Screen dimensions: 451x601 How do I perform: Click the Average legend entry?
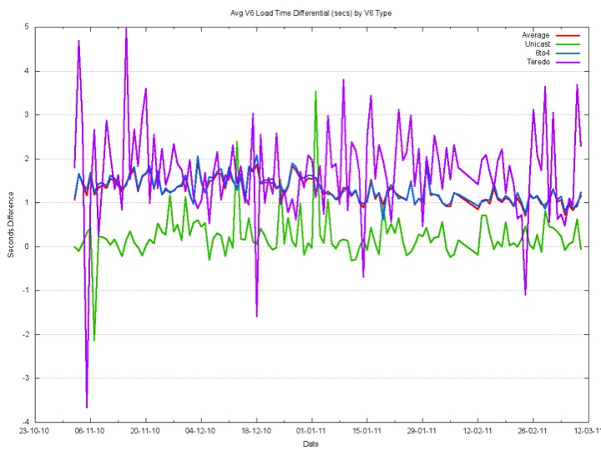[x=536, y=35]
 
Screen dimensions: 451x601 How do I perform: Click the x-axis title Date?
[x=311, y=443]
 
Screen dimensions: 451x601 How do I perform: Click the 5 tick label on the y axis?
[x=28, y=27]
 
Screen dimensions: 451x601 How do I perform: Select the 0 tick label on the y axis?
[x=28, y=246]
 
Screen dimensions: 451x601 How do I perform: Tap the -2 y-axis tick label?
[x=26, y=334]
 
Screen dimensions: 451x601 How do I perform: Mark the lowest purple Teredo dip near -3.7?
[x=87, y=407]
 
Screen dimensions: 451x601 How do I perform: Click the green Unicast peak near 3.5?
[x=316, y=92]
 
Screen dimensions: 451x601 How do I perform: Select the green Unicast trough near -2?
[x=94, y=340]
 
